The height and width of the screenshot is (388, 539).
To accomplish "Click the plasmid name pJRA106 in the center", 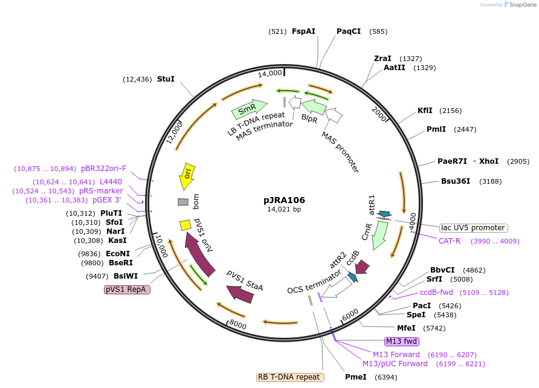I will tap(284, 200).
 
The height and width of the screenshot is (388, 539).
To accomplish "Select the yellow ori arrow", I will tap(187, 176).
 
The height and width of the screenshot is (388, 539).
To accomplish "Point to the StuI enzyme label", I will tap(166, 79).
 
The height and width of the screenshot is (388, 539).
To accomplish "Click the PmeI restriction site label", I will tap(356, 377).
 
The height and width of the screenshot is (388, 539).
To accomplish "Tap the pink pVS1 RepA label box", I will tap(127, 289).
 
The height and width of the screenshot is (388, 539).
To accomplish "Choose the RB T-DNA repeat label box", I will tap(290, 377).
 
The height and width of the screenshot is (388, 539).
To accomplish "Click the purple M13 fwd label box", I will tap(401, 341).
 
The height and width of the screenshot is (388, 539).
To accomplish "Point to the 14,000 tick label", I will tap(269, 73).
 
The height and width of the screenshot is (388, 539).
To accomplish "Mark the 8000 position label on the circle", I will tap(238, 325).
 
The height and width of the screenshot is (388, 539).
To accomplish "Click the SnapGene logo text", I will tap(521, 5).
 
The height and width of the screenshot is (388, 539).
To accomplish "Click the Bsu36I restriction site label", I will tap(456, 181).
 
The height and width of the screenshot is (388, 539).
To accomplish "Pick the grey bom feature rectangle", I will tap(183, 202).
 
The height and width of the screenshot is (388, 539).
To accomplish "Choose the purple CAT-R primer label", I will tap(450, 241).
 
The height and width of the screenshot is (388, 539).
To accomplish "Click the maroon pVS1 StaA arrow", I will tap(240, 293).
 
